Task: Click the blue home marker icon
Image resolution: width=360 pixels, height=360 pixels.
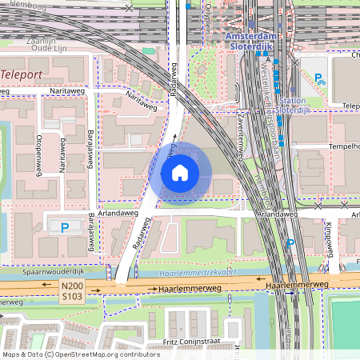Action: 180,173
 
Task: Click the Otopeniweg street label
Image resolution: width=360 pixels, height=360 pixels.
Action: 38,145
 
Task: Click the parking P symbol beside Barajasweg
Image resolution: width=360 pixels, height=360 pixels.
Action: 65,227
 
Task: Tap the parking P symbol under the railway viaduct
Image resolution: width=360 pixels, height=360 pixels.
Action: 290,242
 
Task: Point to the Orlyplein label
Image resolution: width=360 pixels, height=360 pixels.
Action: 206,16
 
